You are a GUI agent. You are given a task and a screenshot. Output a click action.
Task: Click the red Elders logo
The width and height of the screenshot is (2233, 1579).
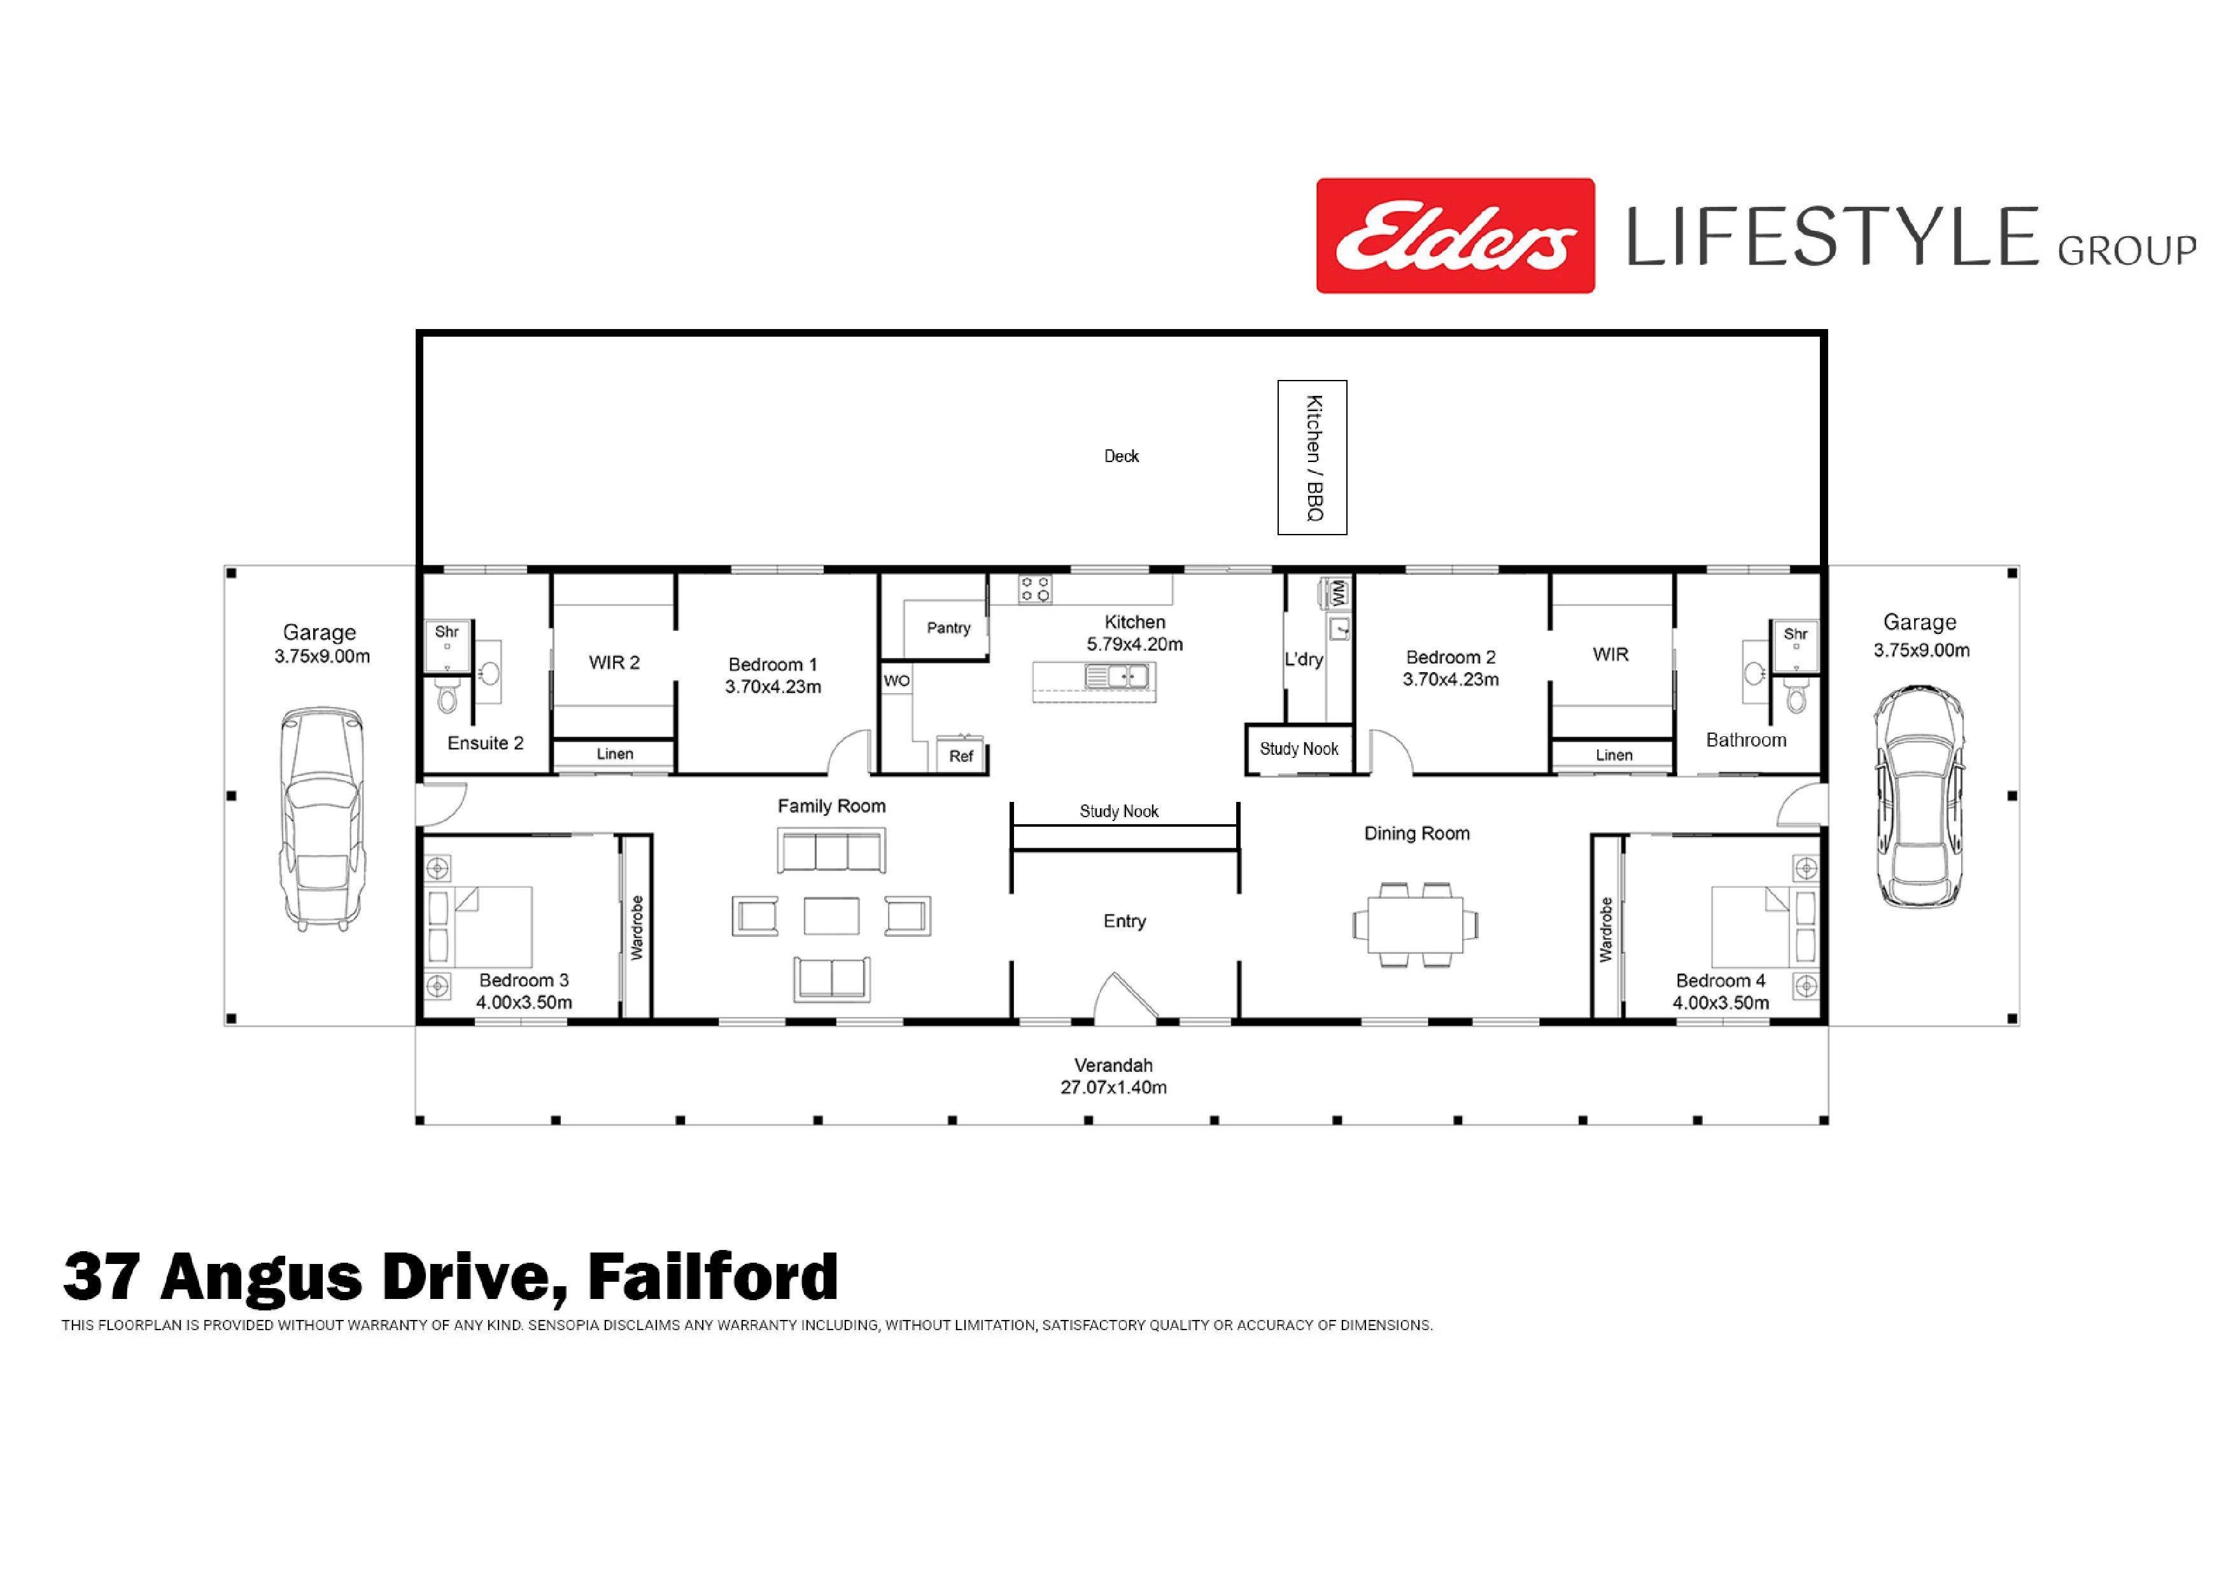[x=1455, y=235]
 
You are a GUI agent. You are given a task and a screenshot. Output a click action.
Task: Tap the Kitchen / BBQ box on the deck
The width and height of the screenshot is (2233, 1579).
[x=1312, y=457]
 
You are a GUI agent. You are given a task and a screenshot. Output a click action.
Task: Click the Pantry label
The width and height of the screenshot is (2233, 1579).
[x=948, y=628]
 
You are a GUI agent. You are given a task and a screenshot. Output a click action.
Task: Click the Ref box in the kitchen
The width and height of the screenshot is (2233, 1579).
[x=961, y=755]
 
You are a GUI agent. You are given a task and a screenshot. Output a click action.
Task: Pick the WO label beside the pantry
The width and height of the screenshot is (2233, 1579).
[x=897, y=680]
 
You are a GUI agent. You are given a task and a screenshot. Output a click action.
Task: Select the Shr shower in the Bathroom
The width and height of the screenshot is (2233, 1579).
[x=1795, y=645]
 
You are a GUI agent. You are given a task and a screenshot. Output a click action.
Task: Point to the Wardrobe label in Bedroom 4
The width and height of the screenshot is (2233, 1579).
[x=1606, y=929]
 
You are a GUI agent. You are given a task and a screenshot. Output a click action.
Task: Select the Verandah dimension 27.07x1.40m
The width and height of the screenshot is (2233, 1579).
[x=1113, y=1087]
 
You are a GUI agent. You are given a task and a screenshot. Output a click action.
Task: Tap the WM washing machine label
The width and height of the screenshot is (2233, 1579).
[x=1338, y=591]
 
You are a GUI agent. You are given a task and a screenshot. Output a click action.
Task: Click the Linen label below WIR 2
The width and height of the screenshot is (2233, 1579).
[x=615, y=754]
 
